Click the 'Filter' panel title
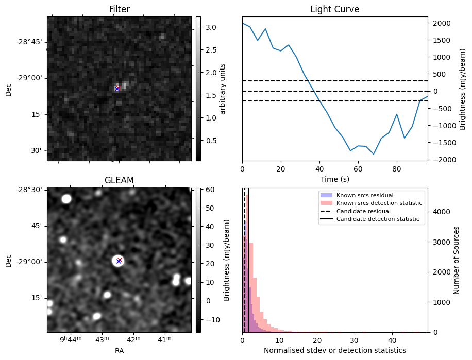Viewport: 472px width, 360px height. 120,9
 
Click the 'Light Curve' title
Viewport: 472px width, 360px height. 334,9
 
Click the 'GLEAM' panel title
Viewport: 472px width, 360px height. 119,180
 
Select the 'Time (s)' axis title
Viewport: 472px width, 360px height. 334,179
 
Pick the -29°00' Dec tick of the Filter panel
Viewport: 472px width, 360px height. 31,78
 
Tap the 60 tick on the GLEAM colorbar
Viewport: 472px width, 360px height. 208,190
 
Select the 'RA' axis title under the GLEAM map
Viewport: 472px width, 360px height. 119,351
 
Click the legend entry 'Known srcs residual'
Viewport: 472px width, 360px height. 364,196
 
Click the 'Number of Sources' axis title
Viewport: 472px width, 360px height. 457,260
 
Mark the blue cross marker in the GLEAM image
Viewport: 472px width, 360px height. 119,261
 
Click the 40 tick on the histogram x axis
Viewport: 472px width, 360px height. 392,340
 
